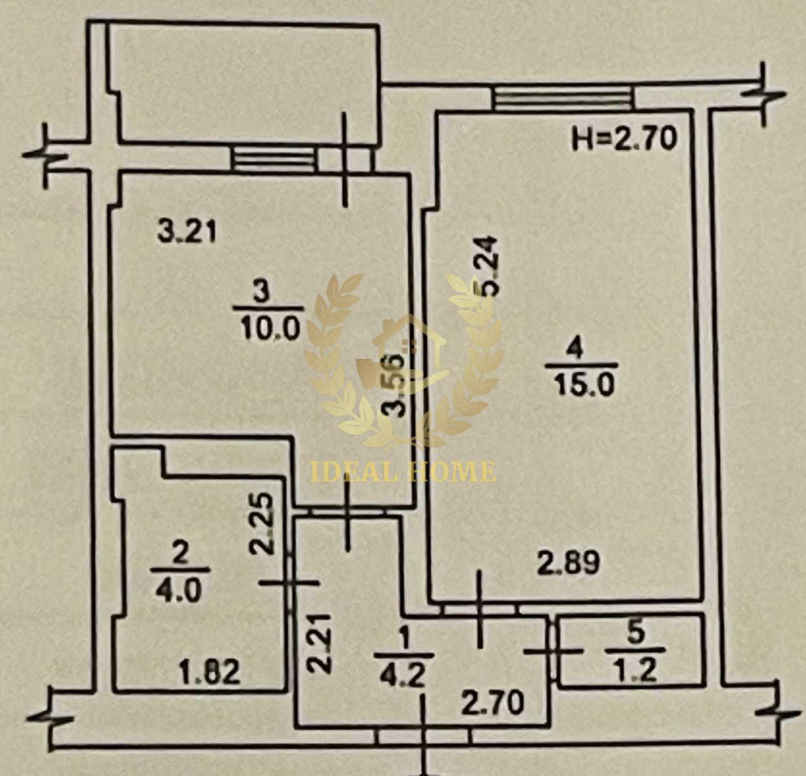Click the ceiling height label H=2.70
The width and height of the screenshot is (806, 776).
point(622,140)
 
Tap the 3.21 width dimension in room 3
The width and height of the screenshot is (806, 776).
point(187,232)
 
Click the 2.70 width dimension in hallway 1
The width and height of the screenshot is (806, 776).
point(492,701)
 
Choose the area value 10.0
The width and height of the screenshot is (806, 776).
point(269,326)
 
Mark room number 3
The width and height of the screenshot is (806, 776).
point(269,293)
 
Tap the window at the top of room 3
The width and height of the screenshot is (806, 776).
point(272,158)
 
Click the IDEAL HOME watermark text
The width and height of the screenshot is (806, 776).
point(403,471)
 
